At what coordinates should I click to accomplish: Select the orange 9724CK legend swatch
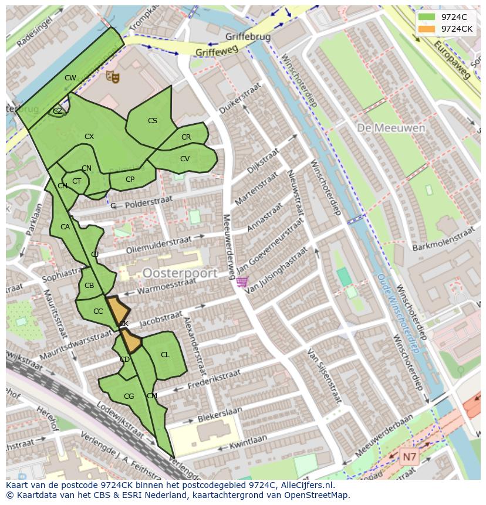point(427,29)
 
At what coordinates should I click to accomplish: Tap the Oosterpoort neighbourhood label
point(180,273)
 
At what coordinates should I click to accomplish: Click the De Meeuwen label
point(383,127)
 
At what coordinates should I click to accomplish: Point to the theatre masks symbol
point(112,76)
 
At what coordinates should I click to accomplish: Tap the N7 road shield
point(410,455)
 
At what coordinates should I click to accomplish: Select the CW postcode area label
point(70,78)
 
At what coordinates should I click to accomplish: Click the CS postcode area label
point(153,121)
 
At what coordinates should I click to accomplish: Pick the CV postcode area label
point(185,159)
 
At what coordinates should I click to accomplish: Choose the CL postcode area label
point(165,355)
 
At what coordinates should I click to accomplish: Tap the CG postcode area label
point(129,396)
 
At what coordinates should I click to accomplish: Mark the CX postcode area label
point(89,137)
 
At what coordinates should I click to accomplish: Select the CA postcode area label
point(65,227)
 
